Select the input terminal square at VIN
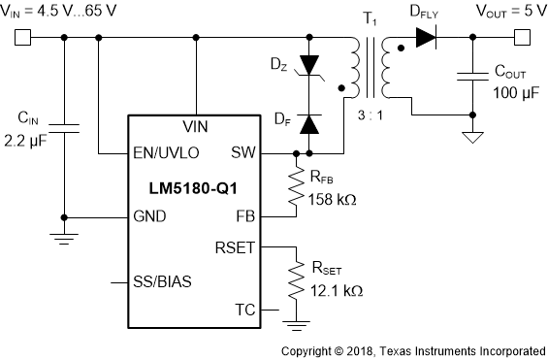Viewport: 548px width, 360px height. click(22, 39)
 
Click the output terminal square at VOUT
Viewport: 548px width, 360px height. click(521, 39)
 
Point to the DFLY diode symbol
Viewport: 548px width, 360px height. click(425, 39)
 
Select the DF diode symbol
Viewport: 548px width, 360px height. click(310, 123)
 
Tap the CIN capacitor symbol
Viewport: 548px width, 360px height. click(64, 125)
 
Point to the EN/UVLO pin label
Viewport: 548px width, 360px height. click(167, 153)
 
